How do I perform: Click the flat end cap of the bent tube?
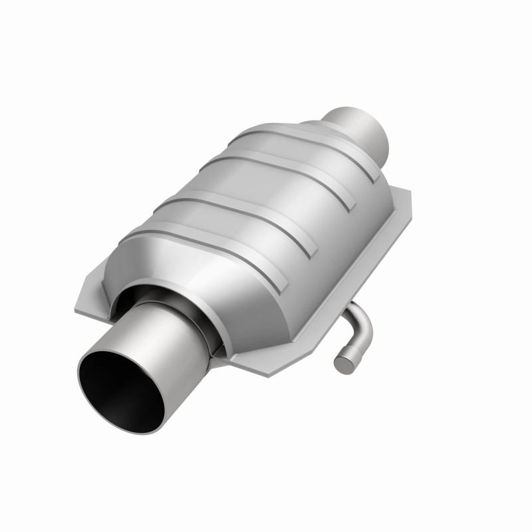344,363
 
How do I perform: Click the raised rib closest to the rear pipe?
299,143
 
